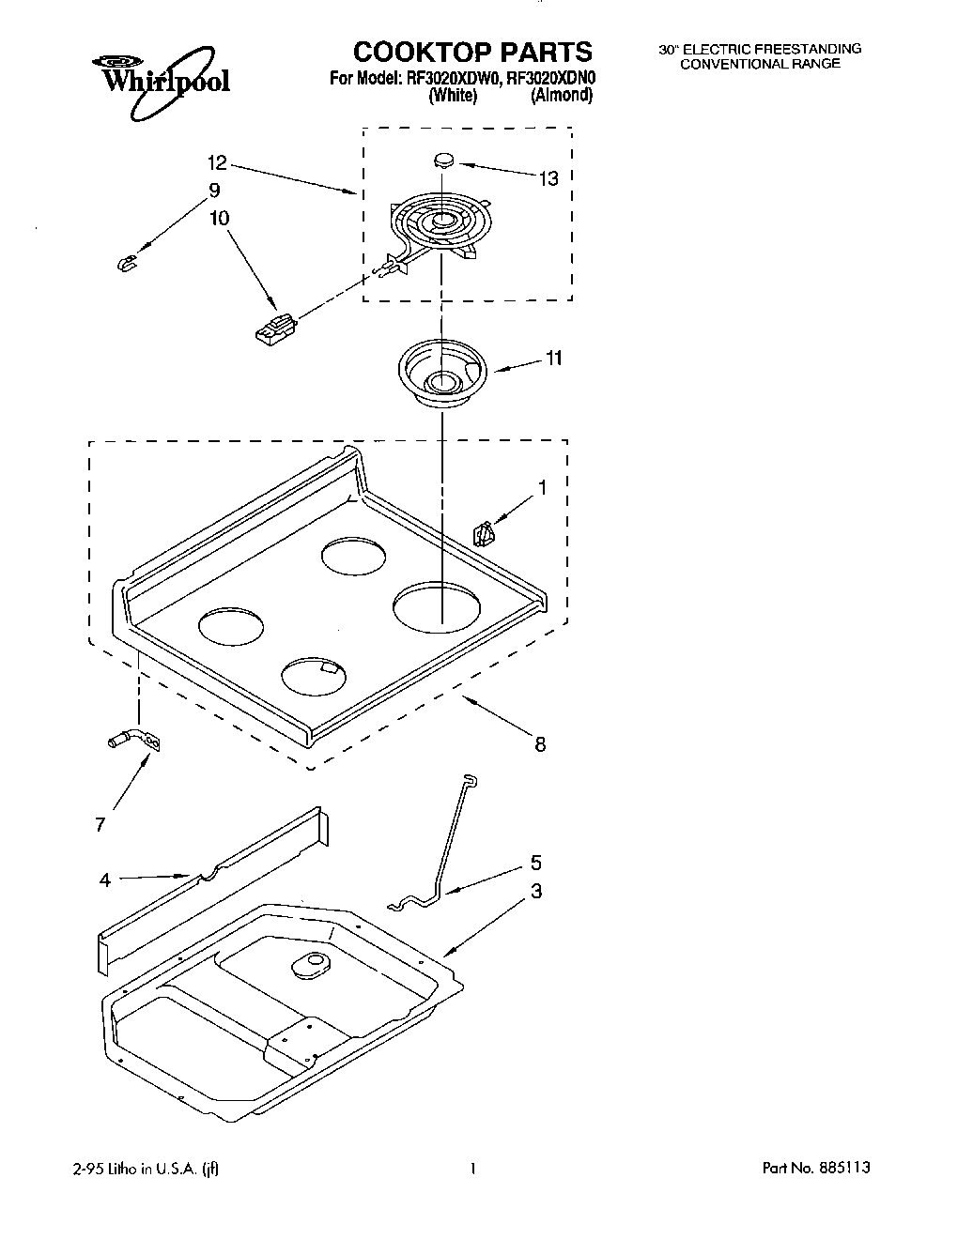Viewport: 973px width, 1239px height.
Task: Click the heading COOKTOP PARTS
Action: click(472, 52)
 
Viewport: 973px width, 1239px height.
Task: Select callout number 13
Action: click(548, 177)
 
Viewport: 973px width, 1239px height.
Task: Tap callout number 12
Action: click(218, 163)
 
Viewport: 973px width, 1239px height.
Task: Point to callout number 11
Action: click(554, 358)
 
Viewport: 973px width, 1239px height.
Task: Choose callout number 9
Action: click(214, 191)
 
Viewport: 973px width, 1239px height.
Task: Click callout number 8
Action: click(540, 744)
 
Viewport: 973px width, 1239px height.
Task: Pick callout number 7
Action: click(100, 824)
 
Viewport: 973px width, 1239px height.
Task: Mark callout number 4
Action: click(105, 880)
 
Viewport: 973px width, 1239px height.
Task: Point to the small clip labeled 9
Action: click(124, 263)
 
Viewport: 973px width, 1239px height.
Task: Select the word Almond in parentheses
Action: click(561, 96)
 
